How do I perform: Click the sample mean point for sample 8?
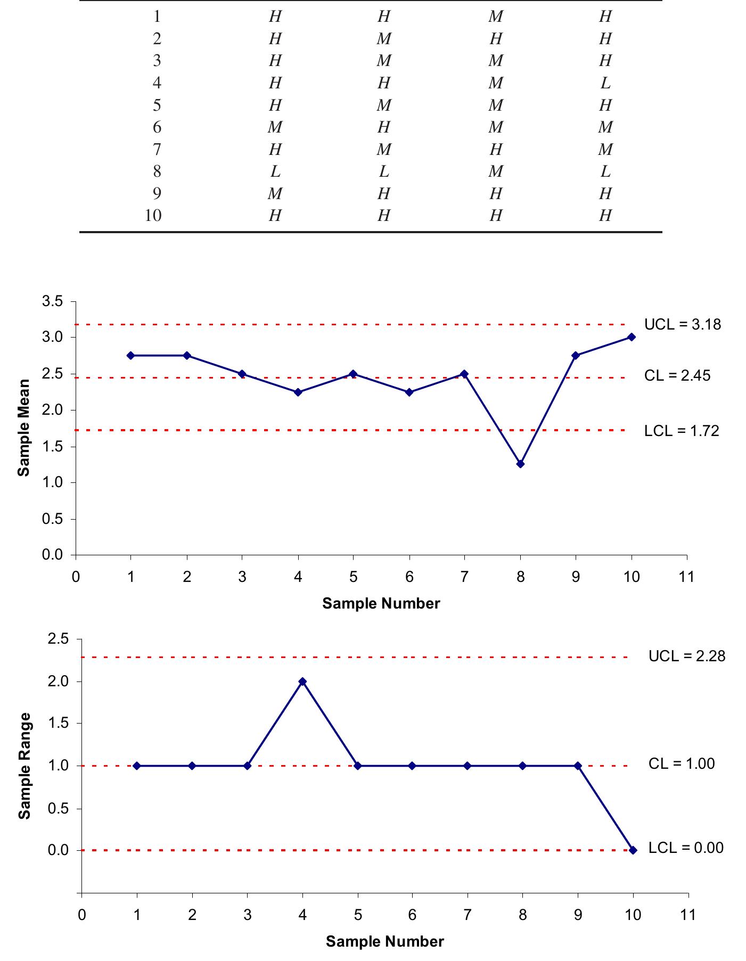point(520,464)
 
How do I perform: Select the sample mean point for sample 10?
point(632,337)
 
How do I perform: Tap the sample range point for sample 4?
point(302,681)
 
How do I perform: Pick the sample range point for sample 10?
point(633,850)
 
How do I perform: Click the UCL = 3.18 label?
point(682,324)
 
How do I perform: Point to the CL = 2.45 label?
point(677,376)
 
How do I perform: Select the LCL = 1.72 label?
point(681,430)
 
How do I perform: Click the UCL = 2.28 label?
point(686,656)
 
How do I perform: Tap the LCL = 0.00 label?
point(685,848)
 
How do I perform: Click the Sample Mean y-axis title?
point(23,428)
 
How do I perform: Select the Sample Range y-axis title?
point(24,766)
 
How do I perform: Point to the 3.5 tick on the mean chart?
point(52,302)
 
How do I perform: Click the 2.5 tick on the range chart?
point(58,639)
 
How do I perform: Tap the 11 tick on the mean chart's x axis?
point(687,577)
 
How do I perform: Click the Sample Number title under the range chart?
point(384,941)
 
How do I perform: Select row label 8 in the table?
point(157,171)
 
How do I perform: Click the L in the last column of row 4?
point(605,83)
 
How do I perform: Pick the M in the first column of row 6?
point(275,127)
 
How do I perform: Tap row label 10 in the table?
point(153,216)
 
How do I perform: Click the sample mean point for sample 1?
point(130,355)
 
